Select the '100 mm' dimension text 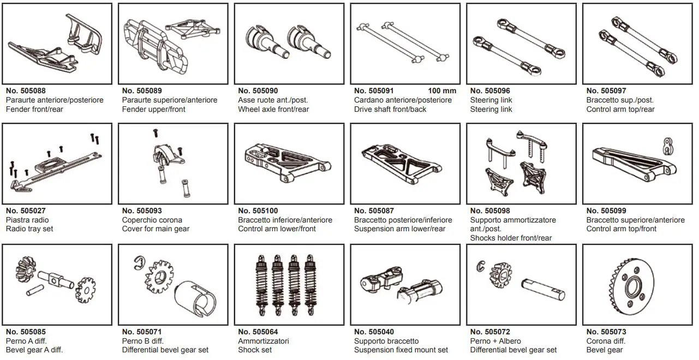[441, 91]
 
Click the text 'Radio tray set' [29, 229]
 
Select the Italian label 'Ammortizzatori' [264, 341]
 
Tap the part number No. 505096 [490, 91]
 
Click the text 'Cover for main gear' [156, 229]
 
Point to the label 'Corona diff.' [606, 341]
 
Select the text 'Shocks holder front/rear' [511, 238]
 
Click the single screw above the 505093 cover [155, 132]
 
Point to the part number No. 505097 [606, 91]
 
